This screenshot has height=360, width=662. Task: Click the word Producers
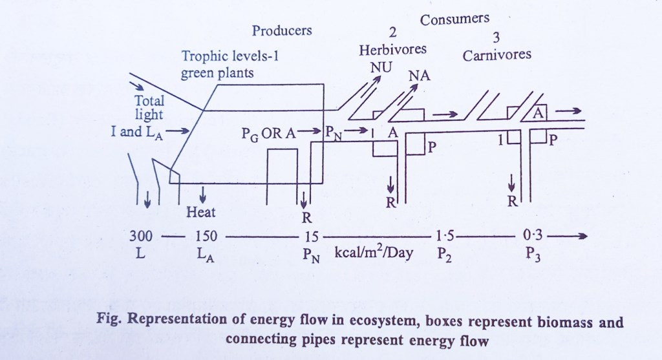[x=282, y=30]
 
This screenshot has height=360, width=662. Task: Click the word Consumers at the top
[x=454, y=19]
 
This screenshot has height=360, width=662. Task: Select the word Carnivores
[x=497, y=54]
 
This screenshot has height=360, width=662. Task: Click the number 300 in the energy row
[x=141, y=235]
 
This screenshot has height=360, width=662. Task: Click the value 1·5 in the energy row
[x=444, y=235]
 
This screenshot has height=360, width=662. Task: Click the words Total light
[x=149, y=108]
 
